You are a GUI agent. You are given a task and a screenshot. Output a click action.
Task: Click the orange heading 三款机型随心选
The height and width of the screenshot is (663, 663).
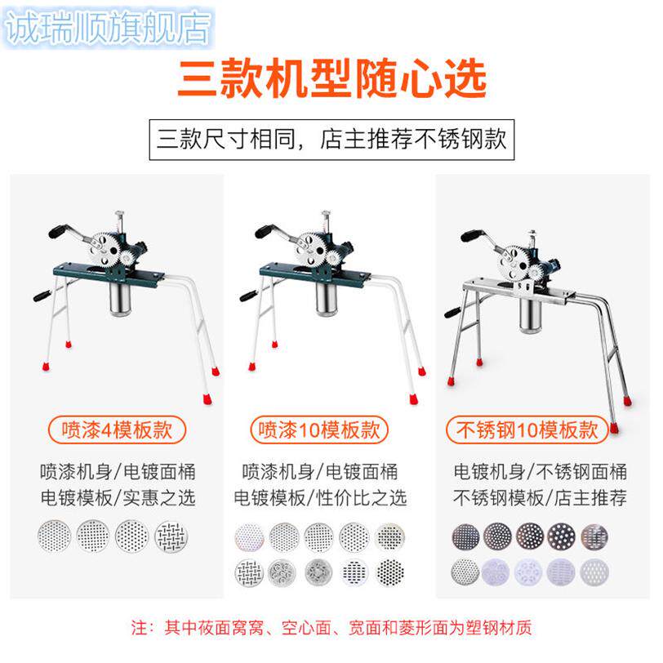tap(332, 78)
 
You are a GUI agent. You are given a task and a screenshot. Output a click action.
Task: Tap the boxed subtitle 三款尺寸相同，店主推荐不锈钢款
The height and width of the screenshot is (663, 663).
tap(331, 140)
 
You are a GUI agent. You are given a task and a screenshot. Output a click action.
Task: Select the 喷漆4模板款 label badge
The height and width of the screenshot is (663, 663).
tap(117, 430)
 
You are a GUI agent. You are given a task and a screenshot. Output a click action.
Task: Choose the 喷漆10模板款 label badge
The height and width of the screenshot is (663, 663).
tap(319, 430)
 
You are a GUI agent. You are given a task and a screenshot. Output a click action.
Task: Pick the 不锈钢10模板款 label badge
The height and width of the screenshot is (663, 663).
tap(527, 430)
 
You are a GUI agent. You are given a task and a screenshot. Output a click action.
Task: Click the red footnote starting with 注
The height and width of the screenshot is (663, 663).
tap(331, 627)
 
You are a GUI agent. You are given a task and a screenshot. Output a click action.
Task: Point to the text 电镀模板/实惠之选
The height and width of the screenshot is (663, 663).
tap(118, 498)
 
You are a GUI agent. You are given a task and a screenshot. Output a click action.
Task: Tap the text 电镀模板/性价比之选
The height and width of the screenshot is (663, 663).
tap(320, 498)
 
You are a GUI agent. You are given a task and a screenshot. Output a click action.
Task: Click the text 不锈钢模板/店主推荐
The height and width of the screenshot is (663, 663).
tap(540, 498)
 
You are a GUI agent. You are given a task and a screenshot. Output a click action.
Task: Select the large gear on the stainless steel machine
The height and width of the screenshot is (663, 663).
tap(512, 261)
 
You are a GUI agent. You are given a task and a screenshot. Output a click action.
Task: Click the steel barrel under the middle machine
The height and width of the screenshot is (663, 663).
tap(329, 299)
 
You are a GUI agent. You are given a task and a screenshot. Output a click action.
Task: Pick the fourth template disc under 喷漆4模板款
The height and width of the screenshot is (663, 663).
tap(171, 536)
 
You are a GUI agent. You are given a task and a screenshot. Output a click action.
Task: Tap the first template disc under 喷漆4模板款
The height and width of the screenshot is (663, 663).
tap(54, 536)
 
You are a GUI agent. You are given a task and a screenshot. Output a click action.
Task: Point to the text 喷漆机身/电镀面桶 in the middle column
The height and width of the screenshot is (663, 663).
tap(320, 471)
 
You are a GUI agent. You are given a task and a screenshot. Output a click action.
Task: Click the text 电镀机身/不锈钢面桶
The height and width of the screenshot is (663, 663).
tap(540, 471)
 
